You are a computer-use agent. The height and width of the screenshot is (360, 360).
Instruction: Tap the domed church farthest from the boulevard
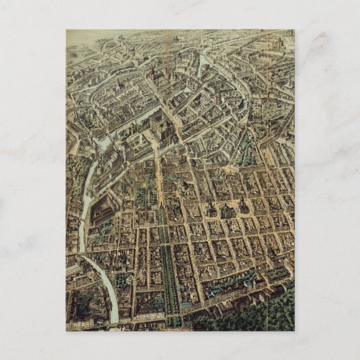pyautogui.click(x=242, y=206)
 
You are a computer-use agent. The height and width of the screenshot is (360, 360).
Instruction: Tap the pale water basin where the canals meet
pyautogui.click(x=102, y=143)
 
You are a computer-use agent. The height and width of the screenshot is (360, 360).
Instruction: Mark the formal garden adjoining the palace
pyautogui.click(x=142, y=197)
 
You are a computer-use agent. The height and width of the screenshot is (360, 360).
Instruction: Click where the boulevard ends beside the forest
pyautogui.click(x=173, y=319)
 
